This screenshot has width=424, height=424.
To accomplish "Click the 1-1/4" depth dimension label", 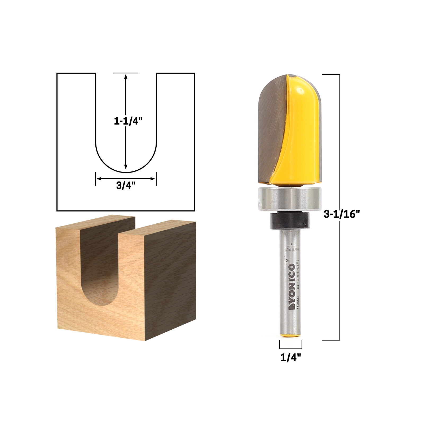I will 126,121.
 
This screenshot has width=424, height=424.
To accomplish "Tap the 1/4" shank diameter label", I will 291,358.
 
